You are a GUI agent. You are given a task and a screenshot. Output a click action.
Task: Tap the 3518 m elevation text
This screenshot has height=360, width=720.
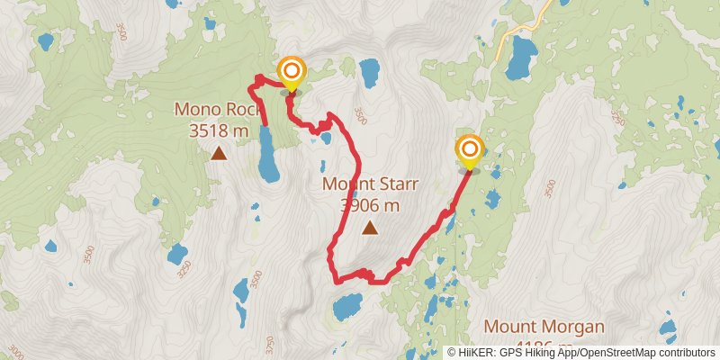pos(219,131)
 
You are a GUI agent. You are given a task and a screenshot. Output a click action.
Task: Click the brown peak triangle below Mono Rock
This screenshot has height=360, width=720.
pos(219,154)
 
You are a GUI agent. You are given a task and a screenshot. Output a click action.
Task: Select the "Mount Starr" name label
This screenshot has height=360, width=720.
pos(370,185)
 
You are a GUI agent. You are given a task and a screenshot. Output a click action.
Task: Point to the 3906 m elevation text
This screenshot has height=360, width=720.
pos(370,205)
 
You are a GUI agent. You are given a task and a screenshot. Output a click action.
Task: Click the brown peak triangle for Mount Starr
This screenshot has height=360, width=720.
pos(370,228)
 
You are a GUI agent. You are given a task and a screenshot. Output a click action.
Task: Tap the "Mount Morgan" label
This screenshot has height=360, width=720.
pos(544,326)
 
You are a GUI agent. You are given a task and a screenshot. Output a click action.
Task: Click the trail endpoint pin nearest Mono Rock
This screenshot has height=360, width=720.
pos(291,72)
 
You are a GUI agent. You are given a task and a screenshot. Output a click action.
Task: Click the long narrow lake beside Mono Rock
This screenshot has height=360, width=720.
pos(267,153)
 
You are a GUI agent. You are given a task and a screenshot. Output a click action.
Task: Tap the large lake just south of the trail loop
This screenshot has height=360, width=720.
pos(347,307)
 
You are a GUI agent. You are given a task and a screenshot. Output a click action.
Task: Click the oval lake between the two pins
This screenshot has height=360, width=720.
pos(369,71)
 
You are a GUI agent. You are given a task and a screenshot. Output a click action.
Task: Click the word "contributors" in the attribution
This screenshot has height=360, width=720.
pos(686,353)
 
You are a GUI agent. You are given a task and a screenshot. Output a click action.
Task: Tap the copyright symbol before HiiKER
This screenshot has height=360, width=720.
pos(453,353)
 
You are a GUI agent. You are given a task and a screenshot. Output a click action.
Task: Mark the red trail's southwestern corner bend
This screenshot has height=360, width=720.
pos(336,280)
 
